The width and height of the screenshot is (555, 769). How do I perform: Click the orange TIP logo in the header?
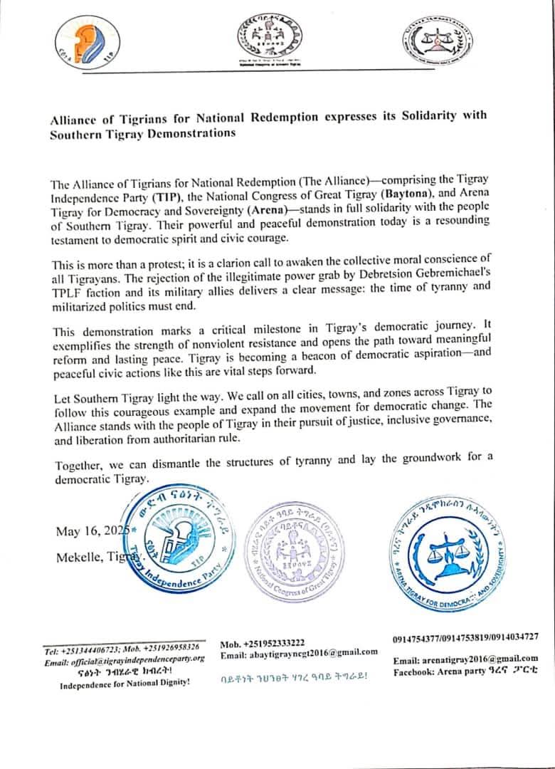tap(88, 42)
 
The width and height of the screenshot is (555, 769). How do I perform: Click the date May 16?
tap(83, 531)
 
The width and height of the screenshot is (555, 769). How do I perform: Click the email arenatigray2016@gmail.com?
tap(465, 659)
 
